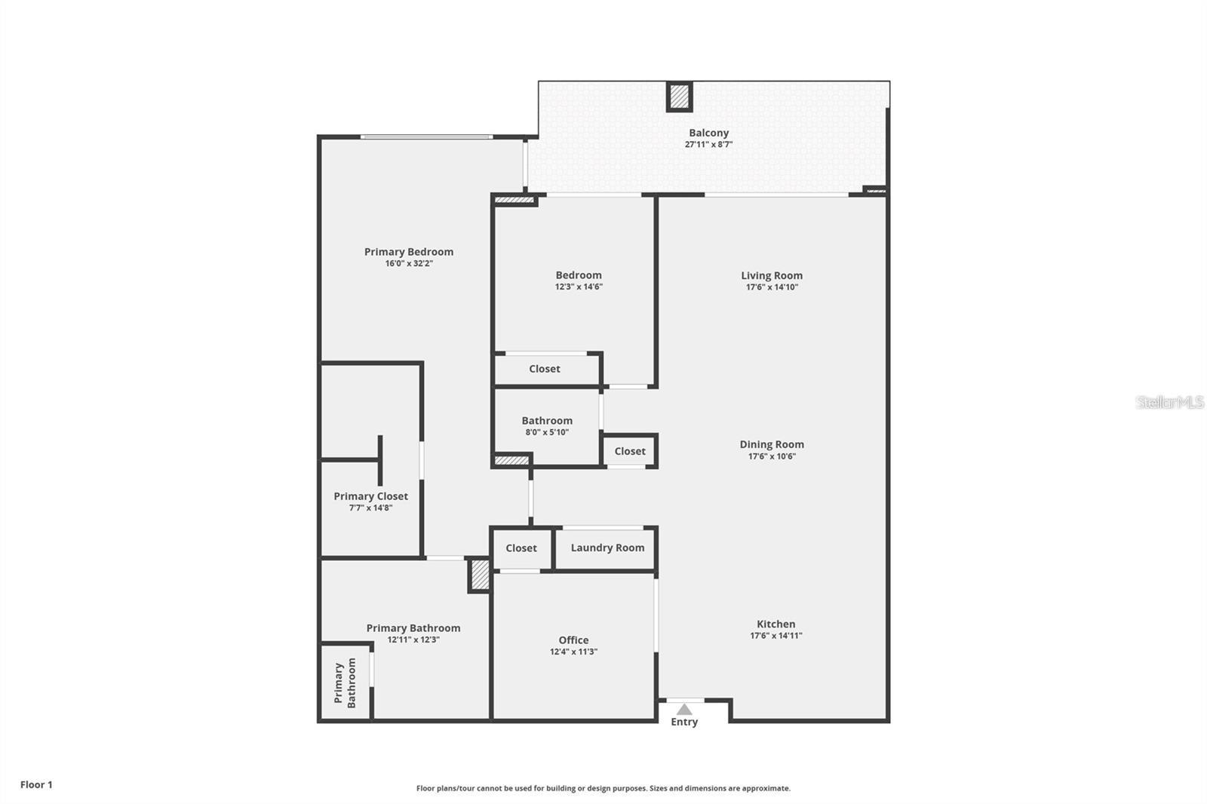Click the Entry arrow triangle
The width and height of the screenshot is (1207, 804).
[684, 710]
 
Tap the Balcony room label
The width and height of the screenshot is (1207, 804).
[708, 133]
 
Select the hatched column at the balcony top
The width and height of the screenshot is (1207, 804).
[679, 97]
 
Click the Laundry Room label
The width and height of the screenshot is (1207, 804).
[607, 548]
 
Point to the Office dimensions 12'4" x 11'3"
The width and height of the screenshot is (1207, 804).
[573, 652]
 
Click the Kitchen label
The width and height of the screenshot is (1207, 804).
[775, 624]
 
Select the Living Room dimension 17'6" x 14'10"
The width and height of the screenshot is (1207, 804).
[772, 287]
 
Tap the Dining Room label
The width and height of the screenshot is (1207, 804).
[772, 444]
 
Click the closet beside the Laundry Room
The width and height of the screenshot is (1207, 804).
[521, 548]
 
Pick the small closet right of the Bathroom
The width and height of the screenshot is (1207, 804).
[630, 451]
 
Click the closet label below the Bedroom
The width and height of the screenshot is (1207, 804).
[545, 369]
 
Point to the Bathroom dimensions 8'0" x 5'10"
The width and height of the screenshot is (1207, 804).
[547, 432]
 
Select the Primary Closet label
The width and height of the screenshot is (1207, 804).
[370, 496]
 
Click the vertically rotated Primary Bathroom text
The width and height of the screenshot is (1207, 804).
[345, 683]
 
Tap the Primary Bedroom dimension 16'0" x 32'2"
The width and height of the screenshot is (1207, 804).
[409, 263]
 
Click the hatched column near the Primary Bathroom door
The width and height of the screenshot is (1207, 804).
[479, 575]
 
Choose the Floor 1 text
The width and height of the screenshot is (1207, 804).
[36, 784]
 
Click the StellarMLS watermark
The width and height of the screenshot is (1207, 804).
[1169, 402]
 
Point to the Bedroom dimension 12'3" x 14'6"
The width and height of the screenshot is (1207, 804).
[579, 287]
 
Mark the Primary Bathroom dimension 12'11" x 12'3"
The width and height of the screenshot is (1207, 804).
[413, 640]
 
